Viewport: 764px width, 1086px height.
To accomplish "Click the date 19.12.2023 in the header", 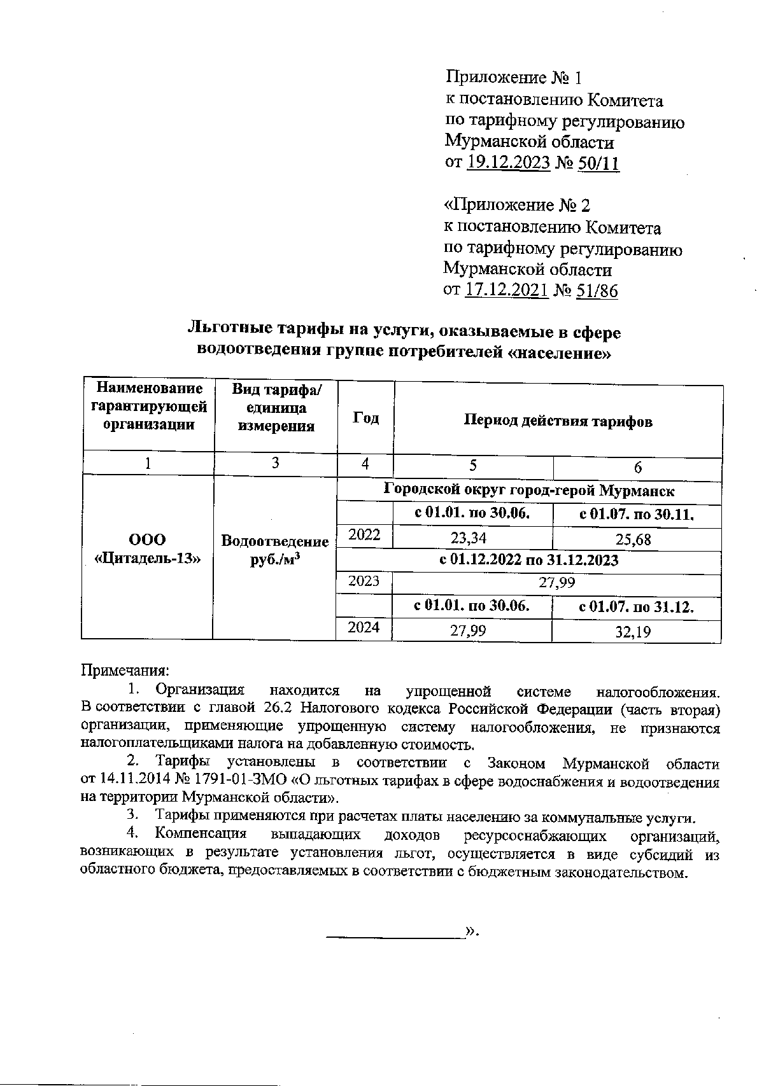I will click(x=508, y=163).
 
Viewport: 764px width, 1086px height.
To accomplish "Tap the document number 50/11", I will click(x=598, y=163).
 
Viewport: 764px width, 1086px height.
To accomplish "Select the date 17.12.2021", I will click(x=507, y=291).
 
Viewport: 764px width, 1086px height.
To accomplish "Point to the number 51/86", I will click(x=597, y=291).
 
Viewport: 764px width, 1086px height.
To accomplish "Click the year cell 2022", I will click(x=364, y=535).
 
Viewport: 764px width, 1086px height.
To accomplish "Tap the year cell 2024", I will click(x=364, y=627).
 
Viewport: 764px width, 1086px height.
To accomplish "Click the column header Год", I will click(x=365, y=418).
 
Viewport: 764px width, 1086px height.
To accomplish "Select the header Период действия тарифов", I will click(x=558, y=421).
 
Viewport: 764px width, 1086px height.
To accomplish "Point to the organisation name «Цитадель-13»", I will click(x=147, y=559).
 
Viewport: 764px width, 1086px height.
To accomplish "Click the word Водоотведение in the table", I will click(x=274, y=541).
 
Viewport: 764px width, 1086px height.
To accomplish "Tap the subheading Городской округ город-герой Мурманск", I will click(x=528, y=491).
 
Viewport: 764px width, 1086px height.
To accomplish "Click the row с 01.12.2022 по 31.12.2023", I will click(x=528, y=560).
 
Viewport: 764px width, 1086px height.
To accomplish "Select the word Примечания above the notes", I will click(x=125, y=670).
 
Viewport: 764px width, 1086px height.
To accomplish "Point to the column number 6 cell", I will click(x=637, y=468).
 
